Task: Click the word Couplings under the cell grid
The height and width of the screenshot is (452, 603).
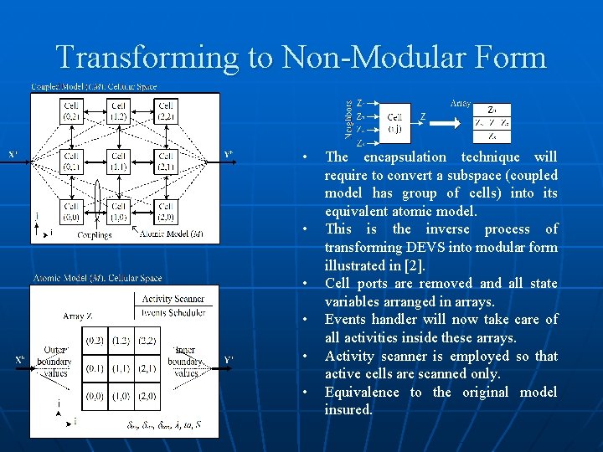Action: point(94,235)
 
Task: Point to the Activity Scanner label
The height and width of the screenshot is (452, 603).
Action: point(173,299)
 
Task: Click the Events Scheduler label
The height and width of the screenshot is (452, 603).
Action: point(173,311)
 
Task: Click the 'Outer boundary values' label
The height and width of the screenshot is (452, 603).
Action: point(54,361)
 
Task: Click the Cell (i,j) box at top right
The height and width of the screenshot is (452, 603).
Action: point(395,122)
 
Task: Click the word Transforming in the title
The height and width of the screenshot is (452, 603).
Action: point(143,58)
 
